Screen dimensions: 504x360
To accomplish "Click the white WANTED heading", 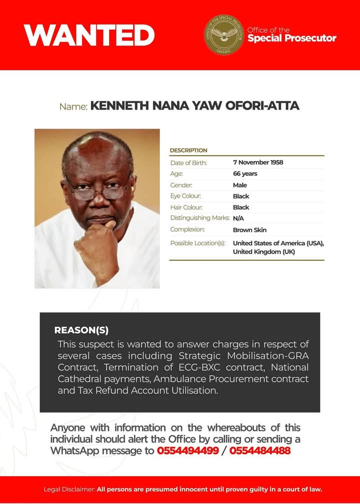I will [89, 35].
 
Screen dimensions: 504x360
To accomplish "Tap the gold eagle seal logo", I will [224, 35].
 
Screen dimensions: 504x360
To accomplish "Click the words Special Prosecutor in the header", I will [292, 39].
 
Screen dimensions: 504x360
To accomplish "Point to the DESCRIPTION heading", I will [188, 150].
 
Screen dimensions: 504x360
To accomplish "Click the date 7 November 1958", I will [258, 163].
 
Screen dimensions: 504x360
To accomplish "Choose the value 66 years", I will [245, 174].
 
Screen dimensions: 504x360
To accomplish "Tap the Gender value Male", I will [240, 185].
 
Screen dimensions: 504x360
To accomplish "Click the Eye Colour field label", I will [185, 196].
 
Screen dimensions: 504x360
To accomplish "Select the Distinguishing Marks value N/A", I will [239, 218].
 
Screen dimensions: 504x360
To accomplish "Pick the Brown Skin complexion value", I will [249, 230].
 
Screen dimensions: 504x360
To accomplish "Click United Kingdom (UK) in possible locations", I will [264, 252].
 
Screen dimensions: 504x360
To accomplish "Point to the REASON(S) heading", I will [81, 330].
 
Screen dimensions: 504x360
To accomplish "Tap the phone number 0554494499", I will [188, 450].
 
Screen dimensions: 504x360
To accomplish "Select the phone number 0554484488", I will [260, 450].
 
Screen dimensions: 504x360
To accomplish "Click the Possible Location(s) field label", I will [198, 243].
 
